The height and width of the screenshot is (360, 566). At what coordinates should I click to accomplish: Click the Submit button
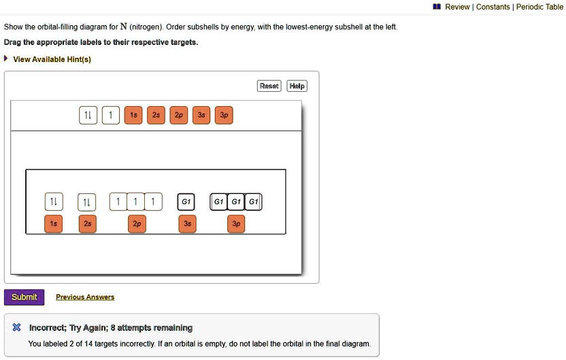[24, 297]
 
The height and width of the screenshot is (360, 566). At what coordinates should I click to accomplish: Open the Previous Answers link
[85, 297]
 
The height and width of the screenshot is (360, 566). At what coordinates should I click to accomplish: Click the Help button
[297, 86]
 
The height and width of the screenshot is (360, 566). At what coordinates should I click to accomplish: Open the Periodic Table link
[539, 7]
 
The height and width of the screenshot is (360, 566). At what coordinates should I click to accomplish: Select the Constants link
[493, 7]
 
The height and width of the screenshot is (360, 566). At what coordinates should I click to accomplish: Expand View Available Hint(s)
[52, 59]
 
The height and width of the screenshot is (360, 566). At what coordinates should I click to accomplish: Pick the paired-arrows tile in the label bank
[88, 116]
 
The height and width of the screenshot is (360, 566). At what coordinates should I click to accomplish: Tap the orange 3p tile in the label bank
[224, 116]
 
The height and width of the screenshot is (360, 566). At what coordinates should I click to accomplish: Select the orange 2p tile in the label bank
[178, 116]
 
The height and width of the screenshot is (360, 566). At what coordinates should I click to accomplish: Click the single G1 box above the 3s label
[186, 202]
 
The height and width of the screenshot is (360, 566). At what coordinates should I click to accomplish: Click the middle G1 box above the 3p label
[235, 202]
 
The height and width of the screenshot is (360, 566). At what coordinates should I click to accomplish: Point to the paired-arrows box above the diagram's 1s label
[53, 202]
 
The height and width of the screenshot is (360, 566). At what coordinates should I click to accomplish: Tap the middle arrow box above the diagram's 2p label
[136, 202]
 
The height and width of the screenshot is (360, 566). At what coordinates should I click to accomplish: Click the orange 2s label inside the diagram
[87, 224]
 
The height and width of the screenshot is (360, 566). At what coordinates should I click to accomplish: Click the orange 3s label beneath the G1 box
[187, 224]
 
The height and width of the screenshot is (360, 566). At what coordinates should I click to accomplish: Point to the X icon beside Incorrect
[17, 328]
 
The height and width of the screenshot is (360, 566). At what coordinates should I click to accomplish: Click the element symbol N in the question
[123, 27]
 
